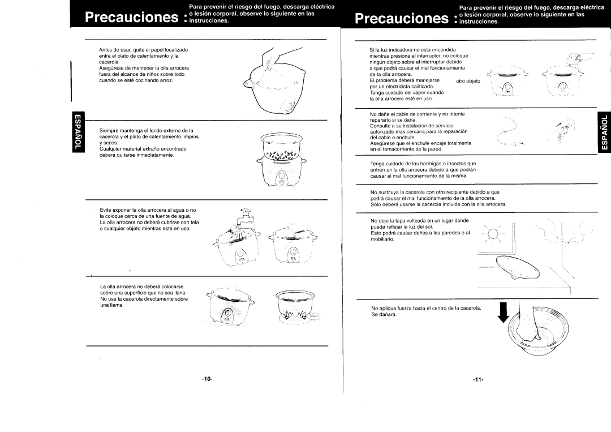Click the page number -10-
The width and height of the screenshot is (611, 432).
[207, 379]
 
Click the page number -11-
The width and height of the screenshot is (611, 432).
[478, 379]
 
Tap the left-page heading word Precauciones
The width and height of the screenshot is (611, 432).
[131, 17]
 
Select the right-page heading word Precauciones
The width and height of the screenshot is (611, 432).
[402, 18]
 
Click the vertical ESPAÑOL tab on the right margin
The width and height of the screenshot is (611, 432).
[604, 132]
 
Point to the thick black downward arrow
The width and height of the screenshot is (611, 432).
[504, 312]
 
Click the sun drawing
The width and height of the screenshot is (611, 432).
[493, 234]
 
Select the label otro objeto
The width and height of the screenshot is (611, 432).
[468, 81]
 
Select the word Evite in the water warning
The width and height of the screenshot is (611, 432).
[106, 210]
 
